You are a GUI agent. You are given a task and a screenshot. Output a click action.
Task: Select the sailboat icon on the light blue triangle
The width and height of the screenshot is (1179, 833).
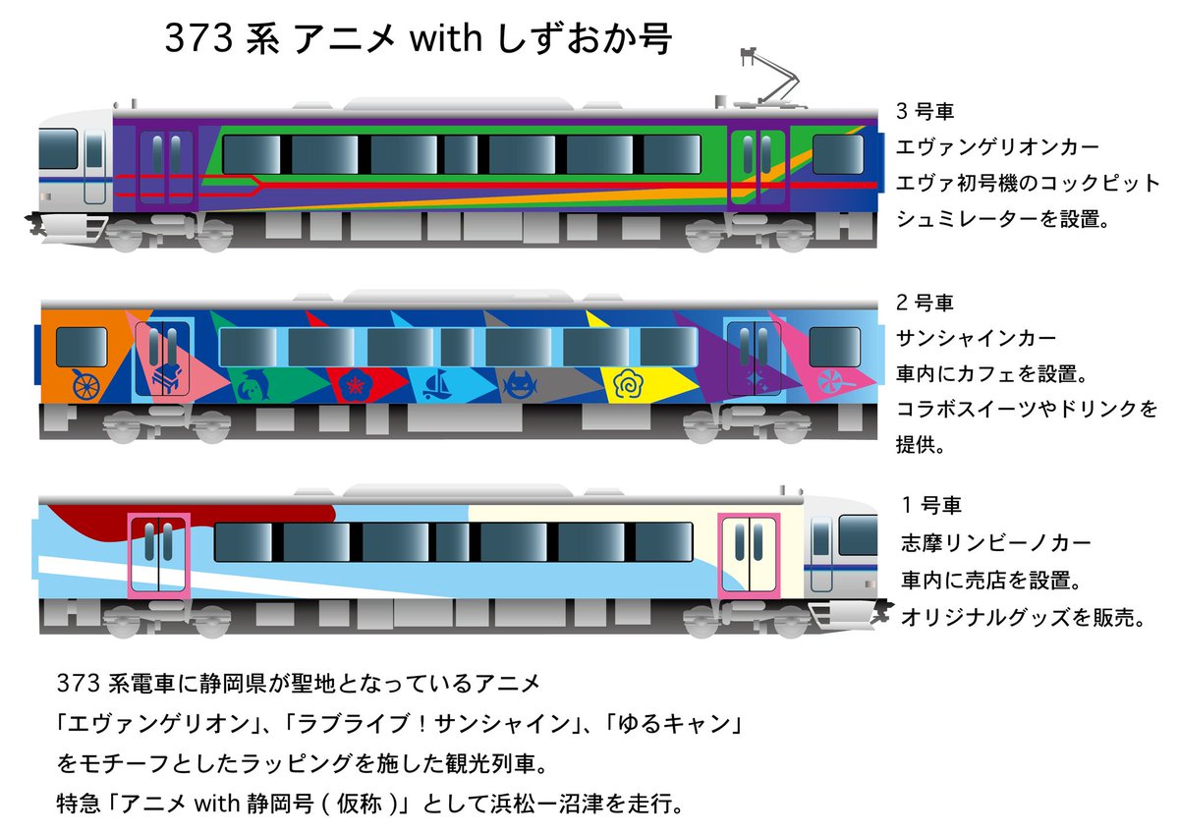pos(436,384)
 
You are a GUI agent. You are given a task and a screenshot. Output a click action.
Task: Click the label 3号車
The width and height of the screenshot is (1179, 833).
pos(925,110)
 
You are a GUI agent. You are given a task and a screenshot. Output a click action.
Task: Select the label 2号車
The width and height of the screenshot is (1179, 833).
pos(925,303)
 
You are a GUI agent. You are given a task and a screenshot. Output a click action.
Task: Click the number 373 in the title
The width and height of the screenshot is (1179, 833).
pos(191,40)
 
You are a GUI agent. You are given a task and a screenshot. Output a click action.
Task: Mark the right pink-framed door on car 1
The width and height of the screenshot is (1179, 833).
pos(748,555)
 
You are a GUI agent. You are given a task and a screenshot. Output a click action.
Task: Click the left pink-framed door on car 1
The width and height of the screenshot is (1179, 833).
pos(157,555)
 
